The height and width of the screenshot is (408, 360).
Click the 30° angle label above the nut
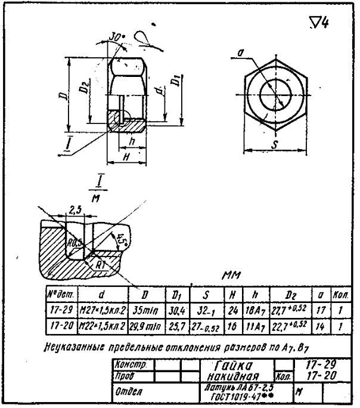click(117, 37)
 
